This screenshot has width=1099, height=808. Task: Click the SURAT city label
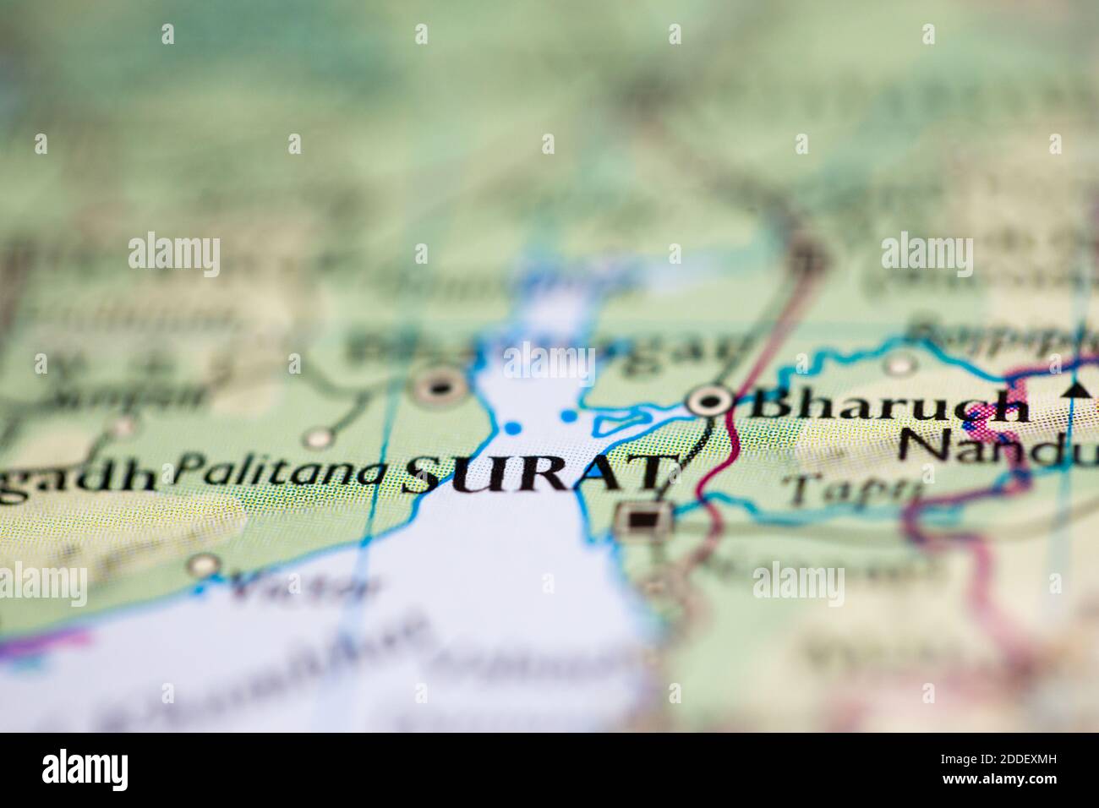click(x=541, y=476)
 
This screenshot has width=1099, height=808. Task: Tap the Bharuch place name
click(x=888, y=405)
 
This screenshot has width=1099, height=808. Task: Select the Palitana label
click(x=279, y=470)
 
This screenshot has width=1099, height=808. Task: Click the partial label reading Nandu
click(x=998, y=445)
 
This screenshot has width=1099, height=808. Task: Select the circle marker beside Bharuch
click(x=708, y=401)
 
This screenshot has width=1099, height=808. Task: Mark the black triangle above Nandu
click(x=1075, y=389)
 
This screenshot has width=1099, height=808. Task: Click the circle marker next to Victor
click(x=204, y=565)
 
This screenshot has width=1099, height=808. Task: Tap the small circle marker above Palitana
click(x=319, y=438)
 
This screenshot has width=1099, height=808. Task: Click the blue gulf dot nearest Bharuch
click(x=568, y=415)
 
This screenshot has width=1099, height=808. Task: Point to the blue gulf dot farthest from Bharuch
click(x=511, y=428)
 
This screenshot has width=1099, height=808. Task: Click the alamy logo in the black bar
click(x=85, y=769)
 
